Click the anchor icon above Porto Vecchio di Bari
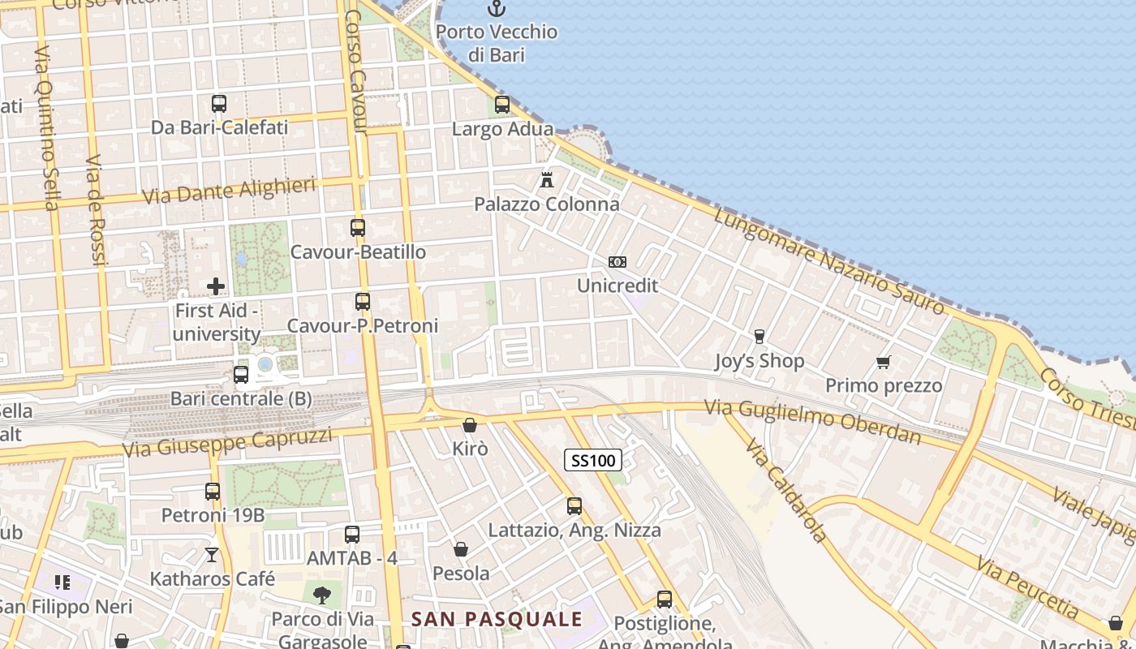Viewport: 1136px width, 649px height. point(495,9)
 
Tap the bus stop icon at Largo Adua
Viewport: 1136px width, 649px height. point(502,105)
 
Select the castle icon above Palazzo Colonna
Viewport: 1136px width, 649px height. point(547,179)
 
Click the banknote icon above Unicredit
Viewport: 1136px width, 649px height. point(617,262)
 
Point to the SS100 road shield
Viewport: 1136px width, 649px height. point(592,461)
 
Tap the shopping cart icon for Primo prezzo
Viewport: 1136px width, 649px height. point(884,362)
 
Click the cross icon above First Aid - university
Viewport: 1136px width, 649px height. point(216,286)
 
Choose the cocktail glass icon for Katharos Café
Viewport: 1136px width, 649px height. point(212,555)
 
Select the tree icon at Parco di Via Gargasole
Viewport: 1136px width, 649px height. point(322,595)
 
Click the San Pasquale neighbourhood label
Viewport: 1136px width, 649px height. point(497,620)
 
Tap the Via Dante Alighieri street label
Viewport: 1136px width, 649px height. point(229,191)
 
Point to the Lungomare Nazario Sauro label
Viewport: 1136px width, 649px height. point(829,260)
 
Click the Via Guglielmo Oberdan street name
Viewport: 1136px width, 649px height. point(813,422)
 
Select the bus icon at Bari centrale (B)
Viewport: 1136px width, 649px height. point(241,375)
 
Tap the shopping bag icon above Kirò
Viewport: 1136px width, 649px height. point(470,425)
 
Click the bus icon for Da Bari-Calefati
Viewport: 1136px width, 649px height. point(219,104)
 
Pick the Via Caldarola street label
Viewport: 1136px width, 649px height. point(785,492)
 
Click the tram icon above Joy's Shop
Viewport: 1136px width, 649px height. point(759,337)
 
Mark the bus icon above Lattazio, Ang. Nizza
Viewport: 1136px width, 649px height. point(574,506)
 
